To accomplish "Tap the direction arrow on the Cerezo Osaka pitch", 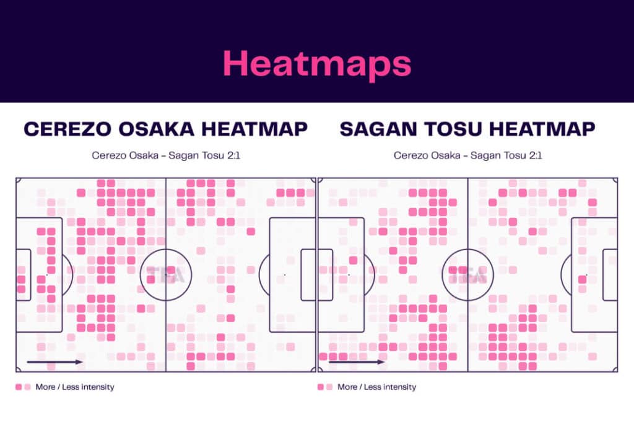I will [55, 362].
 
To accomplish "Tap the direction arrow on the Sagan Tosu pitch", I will [357, 362].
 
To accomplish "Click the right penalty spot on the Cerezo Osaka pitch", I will [284, 274].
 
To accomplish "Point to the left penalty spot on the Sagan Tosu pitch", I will [349, 274].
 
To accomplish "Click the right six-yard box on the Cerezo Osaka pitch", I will [308, 274].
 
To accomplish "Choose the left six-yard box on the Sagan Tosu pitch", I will [325, 274].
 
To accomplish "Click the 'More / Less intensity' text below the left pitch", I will [75, 387].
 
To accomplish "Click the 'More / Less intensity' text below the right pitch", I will [376, 387].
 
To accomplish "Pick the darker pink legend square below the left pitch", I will [19, 387].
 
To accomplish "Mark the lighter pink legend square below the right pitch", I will [329, 387].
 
